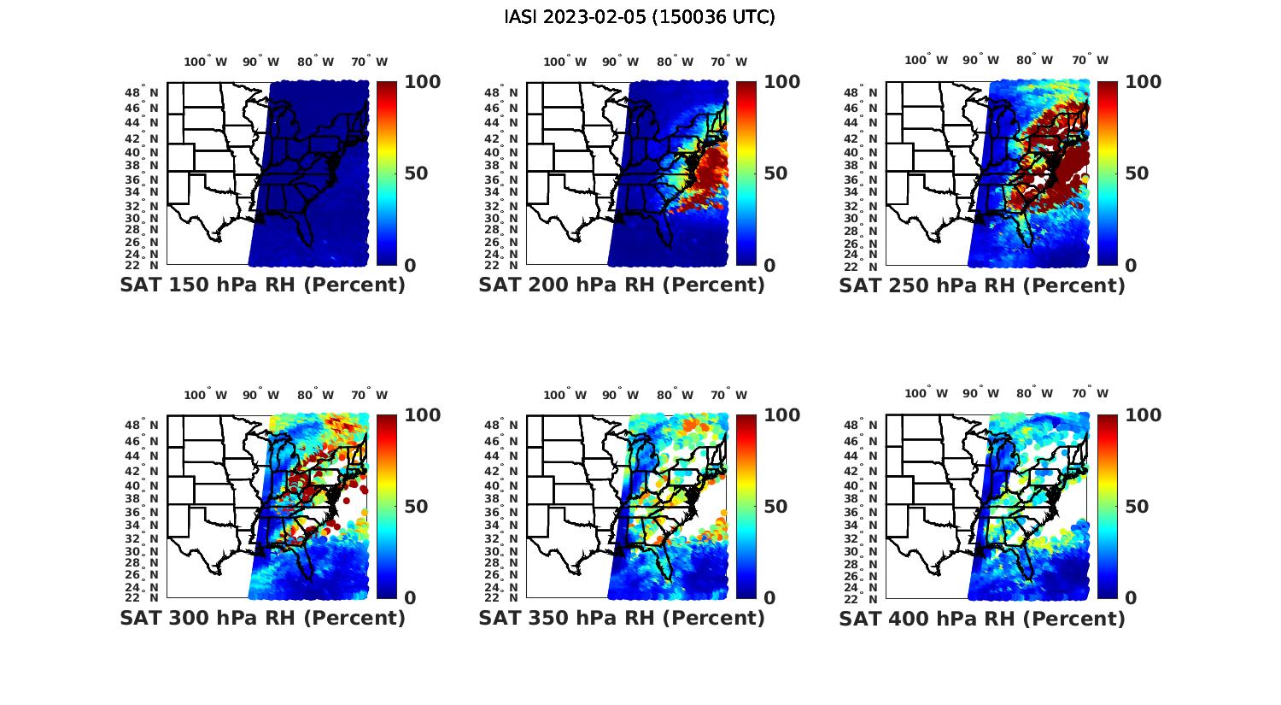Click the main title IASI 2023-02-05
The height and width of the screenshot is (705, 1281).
(640, 17)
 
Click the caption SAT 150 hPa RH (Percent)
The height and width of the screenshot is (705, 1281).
(262, 285)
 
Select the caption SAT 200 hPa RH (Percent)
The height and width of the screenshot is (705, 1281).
(622, 285)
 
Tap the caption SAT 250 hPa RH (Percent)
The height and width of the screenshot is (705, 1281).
(982, 285)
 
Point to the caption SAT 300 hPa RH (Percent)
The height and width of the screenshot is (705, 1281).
(262, 618)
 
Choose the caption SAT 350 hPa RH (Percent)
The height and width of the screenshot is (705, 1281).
(622, 618)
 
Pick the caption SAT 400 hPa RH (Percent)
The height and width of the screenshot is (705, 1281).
(982, 618)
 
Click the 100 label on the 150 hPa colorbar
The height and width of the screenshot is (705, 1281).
(422, 82)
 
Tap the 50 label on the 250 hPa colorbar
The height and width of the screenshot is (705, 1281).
(1137, 173)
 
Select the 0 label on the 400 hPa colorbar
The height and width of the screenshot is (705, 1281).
(1132, 598)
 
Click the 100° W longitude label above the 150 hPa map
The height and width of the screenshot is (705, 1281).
(206, 62)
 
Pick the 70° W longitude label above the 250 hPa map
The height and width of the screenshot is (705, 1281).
(1091, 60)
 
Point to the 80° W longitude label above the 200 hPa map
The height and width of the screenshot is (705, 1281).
(676, 62)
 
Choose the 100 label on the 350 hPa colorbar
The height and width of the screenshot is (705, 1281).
(781, 415)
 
